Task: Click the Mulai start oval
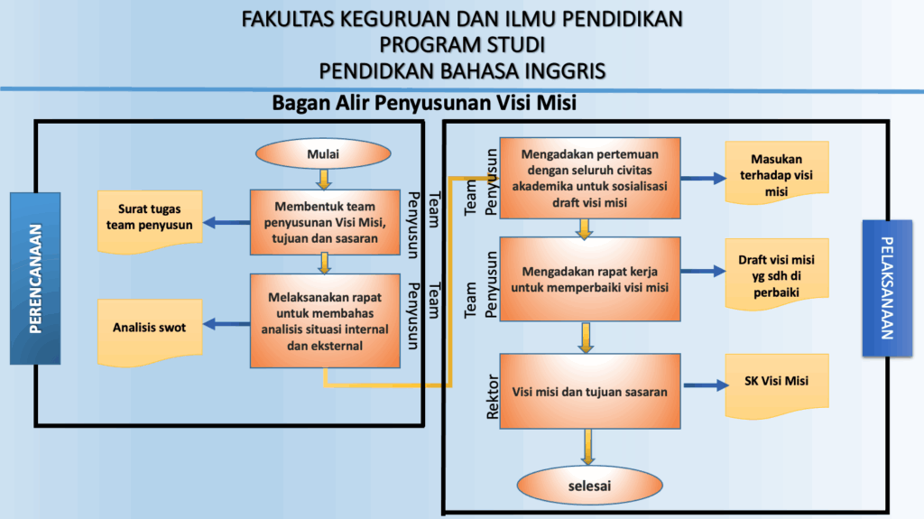pyautogui.click(x=323, y=154)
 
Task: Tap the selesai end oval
pyautogui.click(x=589, y=486)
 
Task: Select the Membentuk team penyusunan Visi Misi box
pyautogui.click(x=325, y=222)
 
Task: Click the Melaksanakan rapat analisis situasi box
pyautogui.click(x=325, y=320)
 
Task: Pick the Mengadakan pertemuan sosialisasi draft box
pyautogui.click(x=590, y=178)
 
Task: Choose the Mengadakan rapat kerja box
pyautogui.click(x=590, y=279)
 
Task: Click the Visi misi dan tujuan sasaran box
pyautogui.click(x=590, y=391)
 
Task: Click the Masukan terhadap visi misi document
pyautogui.click(x=777, y=172)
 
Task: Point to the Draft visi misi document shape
pyautogui.click(x=777, y=274)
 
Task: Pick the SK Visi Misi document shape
pyautogui.click(x=777, y=386)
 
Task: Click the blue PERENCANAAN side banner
pyautogui.click(x=35, y=278)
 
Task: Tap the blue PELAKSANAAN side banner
pyautogui.click(x=887, y=289)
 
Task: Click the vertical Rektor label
pyautogui.click(x=492, y=397)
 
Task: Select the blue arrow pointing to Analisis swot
pyautogui.click(x=226, y=324)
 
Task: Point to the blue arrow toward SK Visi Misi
pyautogui.click(x=706, y=385)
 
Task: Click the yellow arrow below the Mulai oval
pyautogui.click(x=324, y=180)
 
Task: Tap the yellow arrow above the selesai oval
pyautogui.click(x=587, y=447)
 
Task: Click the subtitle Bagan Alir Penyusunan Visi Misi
pyautogui.click(x=424, y=103)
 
